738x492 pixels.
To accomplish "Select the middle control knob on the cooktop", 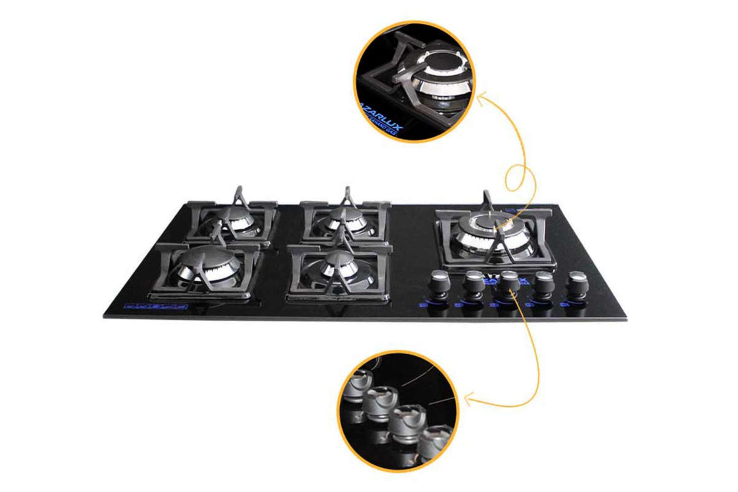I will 510,282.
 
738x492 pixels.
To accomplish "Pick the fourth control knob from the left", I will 545,282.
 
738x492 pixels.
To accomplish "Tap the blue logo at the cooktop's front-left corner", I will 155,306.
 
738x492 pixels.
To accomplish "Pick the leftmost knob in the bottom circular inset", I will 357,388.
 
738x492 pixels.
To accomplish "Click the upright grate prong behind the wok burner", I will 486,200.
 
